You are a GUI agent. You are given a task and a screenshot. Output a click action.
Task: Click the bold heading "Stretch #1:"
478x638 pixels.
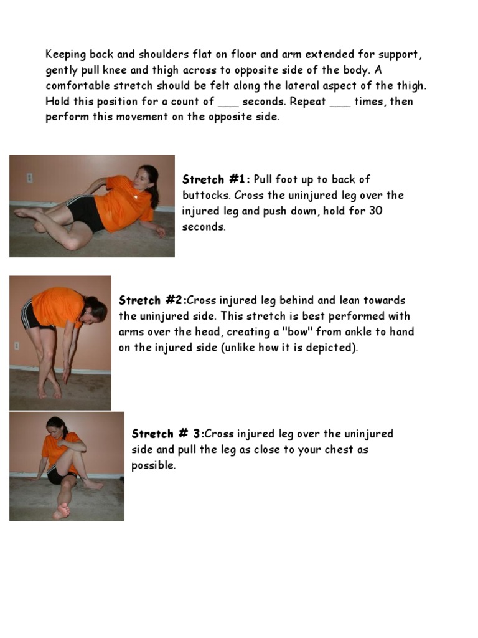(216, 179)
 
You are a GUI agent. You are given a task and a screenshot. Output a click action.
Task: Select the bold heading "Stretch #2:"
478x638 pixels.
(152, 300)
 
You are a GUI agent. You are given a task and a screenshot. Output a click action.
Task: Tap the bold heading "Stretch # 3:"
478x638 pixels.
(167, 434)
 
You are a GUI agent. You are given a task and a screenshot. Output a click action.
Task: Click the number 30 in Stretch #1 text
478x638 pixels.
(375, 211)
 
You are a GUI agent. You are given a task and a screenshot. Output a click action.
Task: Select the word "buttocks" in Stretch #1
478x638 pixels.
(204, 195)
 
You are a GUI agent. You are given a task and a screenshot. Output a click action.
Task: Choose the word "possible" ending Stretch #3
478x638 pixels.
(153, 465)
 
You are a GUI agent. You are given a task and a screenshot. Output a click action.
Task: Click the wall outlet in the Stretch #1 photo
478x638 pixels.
(29, 178)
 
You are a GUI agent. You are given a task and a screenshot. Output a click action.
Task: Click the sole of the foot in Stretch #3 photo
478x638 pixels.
(61, 512)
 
